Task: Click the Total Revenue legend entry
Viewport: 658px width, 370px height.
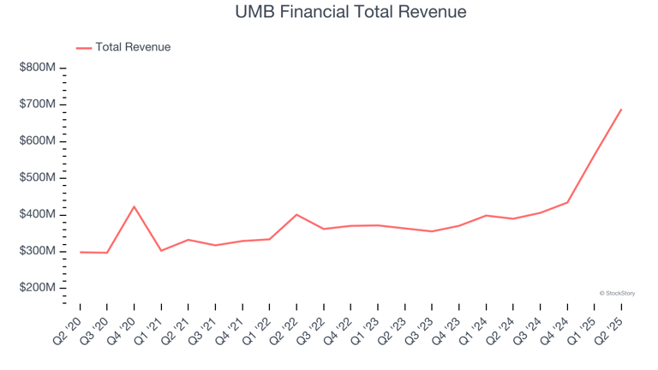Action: [133, 47]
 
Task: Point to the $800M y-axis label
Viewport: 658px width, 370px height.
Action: [38, 67]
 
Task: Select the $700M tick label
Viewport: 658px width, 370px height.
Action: [38, 104]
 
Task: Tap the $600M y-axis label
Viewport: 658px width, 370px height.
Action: [38, 140]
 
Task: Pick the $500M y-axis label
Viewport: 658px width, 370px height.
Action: [38, 177]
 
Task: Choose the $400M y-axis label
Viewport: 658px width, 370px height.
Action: [38, 214]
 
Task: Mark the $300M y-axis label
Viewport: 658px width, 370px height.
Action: [38, 251]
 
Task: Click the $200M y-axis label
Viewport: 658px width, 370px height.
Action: [38, 288]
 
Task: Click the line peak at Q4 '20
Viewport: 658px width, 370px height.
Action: [135, 206]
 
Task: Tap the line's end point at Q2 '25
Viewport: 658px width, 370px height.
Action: [621, 109]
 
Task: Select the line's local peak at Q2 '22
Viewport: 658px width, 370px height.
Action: [296, 214]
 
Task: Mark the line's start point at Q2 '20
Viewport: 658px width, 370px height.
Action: [81, 252]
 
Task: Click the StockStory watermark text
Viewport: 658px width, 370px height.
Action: [617, 293]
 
